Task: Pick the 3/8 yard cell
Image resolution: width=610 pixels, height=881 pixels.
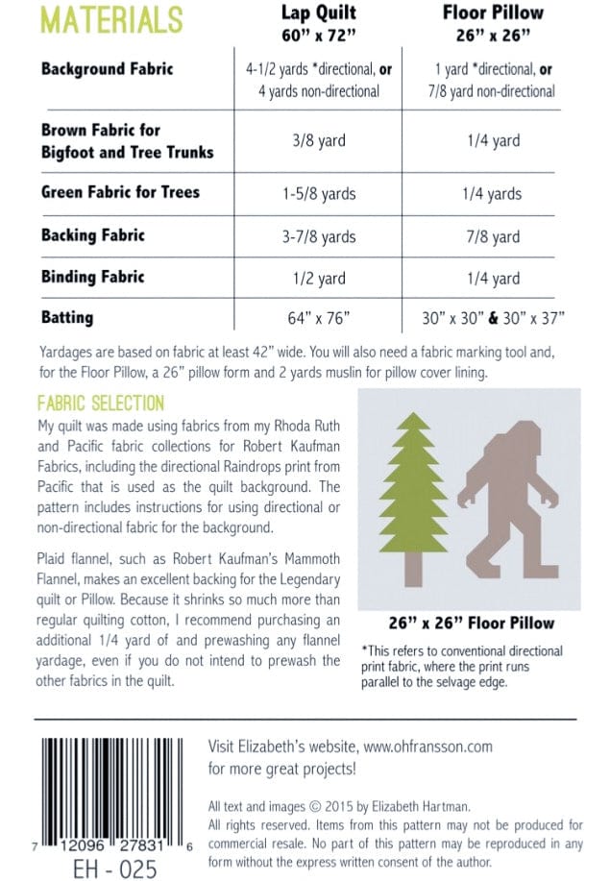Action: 318,140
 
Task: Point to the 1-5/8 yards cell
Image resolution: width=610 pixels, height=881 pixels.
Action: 318,193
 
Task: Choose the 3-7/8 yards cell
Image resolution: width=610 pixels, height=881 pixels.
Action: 318,236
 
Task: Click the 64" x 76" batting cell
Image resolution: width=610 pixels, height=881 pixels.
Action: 318,316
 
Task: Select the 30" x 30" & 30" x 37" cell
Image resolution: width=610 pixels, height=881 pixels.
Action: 493,316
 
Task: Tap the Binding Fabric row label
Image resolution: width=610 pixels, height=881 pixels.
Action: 93,277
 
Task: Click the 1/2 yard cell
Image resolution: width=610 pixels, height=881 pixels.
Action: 318,279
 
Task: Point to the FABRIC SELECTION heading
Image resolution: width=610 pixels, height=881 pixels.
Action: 101,404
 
